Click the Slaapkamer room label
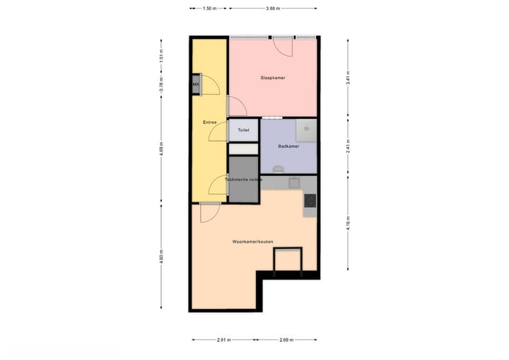tap(272, 78)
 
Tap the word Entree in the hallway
tap(209, 123)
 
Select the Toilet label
tap(243, 131)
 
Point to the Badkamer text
tap(288, 146)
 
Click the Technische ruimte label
tap(244, 180)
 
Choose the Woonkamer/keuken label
tap(253, 242)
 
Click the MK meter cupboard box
tap(195, 85)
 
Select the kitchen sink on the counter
tap(296, 182)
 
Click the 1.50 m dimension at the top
tap(209, 8)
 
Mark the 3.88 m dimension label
tap(273, 8)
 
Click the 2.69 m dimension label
tap(286, 340)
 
